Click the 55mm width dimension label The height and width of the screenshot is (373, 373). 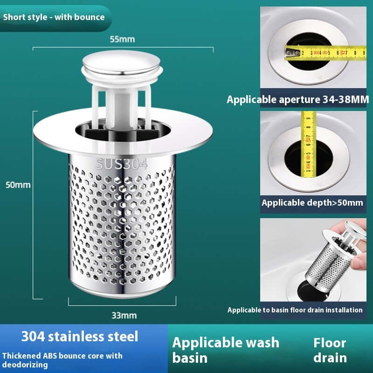[122, 39]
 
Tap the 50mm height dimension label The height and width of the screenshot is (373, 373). [18, 185]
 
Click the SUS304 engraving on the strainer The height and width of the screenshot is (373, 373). [122, 164]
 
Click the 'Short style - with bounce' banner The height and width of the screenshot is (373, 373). [54, 17]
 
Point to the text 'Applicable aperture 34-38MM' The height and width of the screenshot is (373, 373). [298, 99]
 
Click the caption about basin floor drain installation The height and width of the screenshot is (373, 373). [295, 310]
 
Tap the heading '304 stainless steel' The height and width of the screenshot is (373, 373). [80, 336]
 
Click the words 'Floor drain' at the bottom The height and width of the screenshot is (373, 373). [330, 350]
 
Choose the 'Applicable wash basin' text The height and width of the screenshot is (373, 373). [226, 350]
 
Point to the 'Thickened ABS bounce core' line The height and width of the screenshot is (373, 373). [62, 356]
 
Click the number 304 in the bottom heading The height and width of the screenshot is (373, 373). [33, 336]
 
